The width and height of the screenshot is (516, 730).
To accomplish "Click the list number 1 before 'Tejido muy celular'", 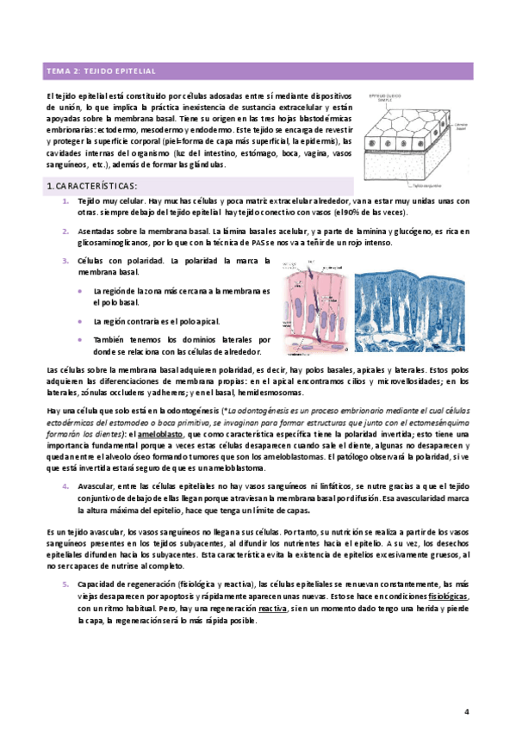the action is pyautogui.click(x=66, y=200).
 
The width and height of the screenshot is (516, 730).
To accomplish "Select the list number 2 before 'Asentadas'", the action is pyautogui.click(x=66, y=232).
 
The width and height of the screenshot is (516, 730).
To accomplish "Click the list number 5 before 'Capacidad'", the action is pyautogui.click(x=66, y=584).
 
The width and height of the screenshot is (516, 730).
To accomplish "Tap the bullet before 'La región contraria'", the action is pyautogui.click(x=80, y=320).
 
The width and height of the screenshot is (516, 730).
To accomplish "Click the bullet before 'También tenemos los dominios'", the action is pyautogui.click(x=80, y=339).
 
